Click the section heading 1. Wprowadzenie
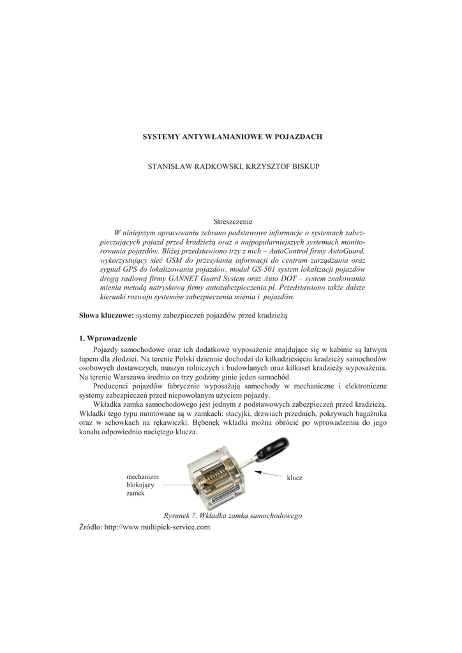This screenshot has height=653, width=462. (x=108, y=338)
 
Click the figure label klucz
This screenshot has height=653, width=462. (x=294, y=477)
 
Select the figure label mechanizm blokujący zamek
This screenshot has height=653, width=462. (x=143, y=485)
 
